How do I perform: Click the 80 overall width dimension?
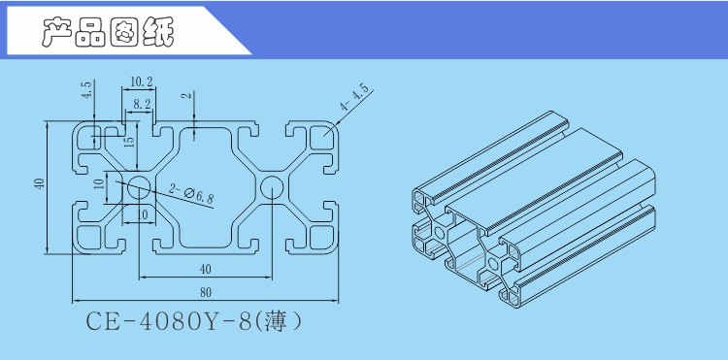coord(205,291)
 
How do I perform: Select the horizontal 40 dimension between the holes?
coord(205,269)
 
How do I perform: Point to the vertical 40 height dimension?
coord(38,184)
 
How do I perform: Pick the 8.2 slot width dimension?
coord(142,103)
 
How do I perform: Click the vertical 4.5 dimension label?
coord(86,93)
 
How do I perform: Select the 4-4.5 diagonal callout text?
coord(355,99)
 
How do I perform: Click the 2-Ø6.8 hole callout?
coord(192,195)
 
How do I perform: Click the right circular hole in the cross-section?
coord(272,187)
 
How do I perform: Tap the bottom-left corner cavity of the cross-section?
coord(90,236)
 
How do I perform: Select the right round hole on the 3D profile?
coord(493,264)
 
